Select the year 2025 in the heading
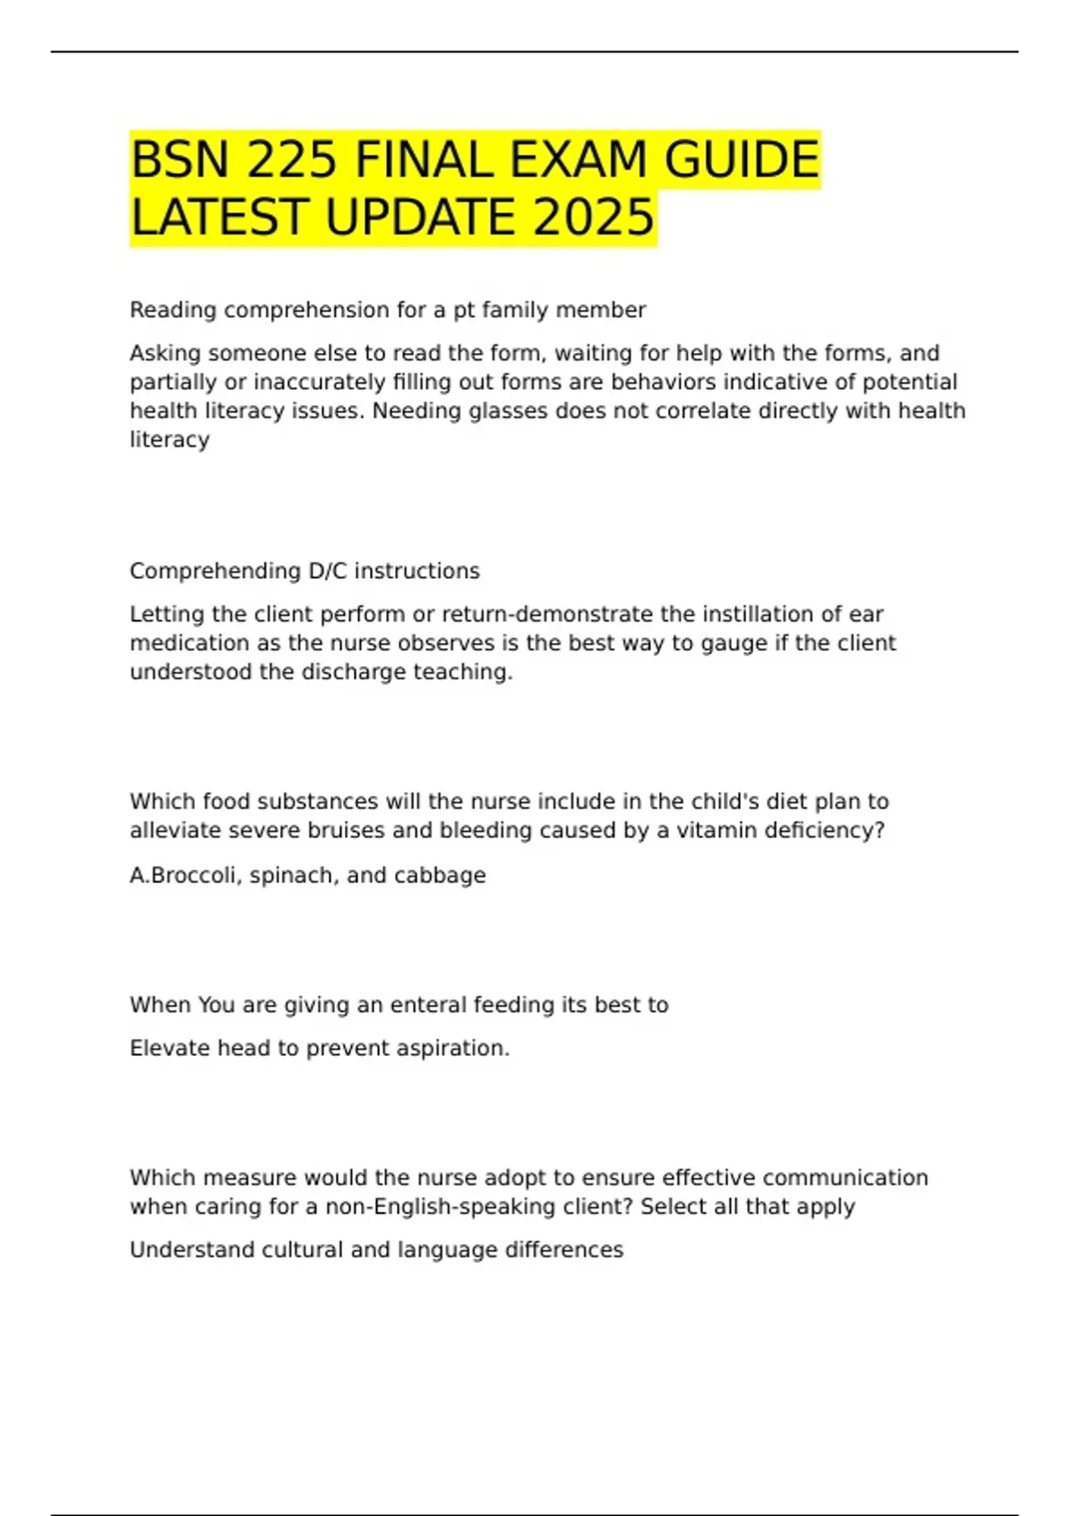click(594, 218)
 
